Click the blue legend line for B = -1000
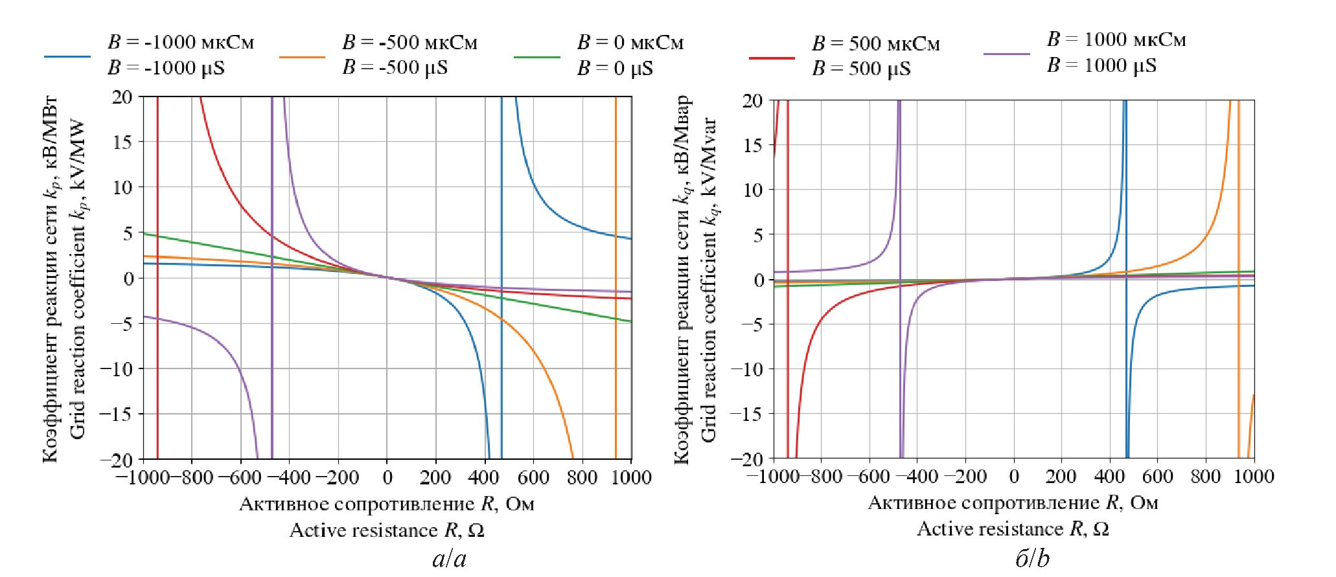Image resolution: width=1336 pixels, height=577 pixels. (67, 57)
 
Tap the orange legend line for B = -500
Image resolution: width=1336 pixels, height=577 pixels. (302, 57)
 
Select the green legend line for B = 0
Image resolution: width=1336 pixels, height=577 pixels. (536, 57)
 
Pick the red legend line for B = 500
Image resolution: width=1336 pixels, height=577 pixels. (772, 58)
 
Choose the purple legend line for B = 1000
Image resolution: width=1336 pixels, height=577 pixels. (1006, 54)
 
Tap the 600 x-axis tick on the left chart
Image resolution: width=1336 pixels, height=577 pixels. (533, 478)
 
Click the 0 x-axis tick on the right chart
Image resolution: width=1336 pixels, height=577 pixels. (1014, 477)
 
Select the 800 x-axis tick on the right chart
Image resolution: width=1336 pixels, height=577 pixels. (1206, 477)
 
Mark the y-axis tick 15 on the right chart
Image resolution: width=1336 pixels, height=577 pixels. (753, 145)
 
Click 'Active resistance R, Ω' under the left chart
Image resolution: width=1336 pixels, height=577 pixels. (387, 530)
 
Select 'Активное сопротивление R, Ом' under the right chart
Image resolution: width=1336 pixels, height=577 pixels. (1013, 503)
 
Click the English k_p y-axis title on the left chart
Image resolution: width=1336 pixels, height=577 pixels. (78, 278)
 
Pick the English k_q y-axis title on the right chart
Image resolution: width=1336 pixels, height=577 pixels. (709, 280)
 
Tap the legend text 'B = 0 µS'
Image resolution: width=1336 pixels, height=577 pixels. (615, 68)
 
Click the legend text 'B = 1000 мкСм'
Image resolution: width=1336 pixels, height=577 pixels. (1116, 40)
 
